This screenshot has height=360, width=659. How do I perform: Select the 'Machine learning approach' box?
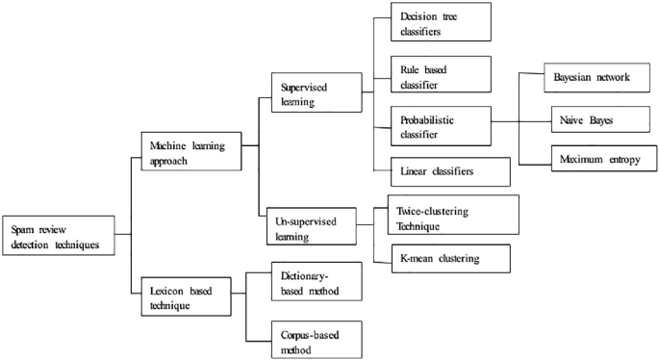pyautogui.click(x=190, y=151)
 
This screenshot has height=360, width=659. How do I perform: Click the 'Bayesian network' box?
pyautogui.click(x=590, y=76)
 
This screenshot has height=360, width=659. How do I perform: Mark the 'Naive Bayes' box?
pyautogui.click(x=590, y=120)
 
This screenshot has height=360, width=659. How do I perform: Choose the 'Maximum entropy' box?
pyautogui.click(x=590, y=156)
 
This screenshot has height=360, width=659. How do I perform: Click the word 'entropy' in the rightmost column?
pyautogui.click(x=614, y=156)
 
